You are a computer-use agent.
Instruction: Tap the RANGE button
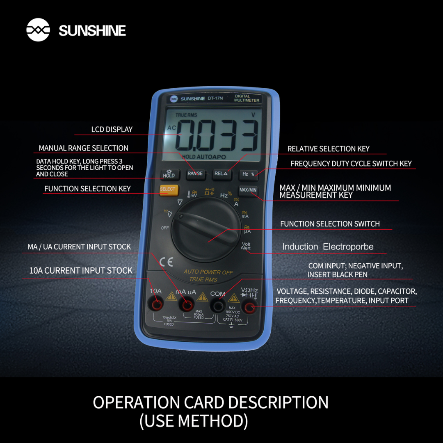(195, 174)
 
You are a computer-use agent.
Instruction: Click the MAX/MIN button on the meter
(248, 190)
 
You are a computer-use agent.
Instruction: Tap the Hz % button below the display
(248, 174)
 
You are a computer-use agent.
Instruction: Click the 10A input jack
(156, 304)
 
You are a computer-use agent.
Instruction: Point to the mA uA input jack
(187, 305)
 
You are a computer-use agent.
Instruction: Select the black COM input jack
(217, 306)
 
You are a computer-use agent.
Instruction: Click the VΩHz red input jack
(249, 307)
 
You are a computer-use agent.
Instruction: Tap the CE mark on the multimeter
(167, 262)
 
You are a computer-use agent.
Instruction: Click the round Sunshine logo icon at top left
(38, 30)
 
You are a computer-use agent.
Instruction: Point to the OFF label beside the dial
(165, 228)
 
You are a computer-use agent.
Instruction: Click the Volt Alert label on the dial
(246, 246)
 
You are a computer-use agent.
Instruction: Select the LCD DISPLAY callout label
(112, 130)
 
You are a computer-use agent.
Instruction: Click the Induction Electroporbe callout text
(328, 247)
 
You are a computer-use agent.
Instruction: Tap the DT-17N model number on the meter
(215, 98)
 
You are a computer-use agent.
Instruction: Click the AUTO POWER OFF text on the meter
(208, 272)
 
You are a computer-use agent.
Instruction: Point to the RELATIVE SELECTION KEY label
(328, 149)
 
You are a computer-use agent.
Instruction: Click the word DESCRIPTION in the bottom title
(278, 402)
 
